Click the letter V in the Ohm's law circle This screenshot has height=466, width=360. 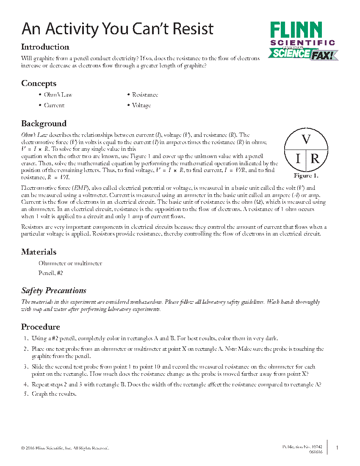click(306, 140)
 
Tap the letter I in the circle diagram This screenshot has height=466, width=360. click(298, 159)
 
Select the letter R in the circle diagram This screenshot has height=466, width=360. click(315, 159)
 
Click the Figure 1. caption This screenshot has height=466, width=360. click(306, 175)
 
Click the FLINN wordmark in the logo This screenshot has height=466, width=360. click(296, 31)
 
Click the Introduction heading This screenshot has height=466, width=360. click(45, 47)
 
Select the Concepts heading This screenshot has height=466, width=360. click(39, 83)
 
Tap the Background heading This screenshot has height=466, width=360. click(44, 124)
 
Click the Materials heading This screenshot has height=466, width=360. click(39, 252)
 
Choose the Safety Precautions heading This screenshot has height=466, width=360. click(54, 291)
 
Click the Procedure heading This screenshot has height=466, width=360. click(41, 327)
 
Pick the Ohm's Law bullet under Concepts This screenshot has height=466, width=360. click(58, 95)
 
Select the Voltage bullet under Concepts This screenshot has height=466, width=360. click(141, 105)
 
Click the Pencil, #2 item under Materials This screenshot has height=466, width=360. click(51, 274)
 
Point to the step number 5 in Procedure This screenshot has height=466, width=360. click(25, 394)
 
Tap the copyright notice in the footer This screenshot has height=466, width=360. click(65, 448)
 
